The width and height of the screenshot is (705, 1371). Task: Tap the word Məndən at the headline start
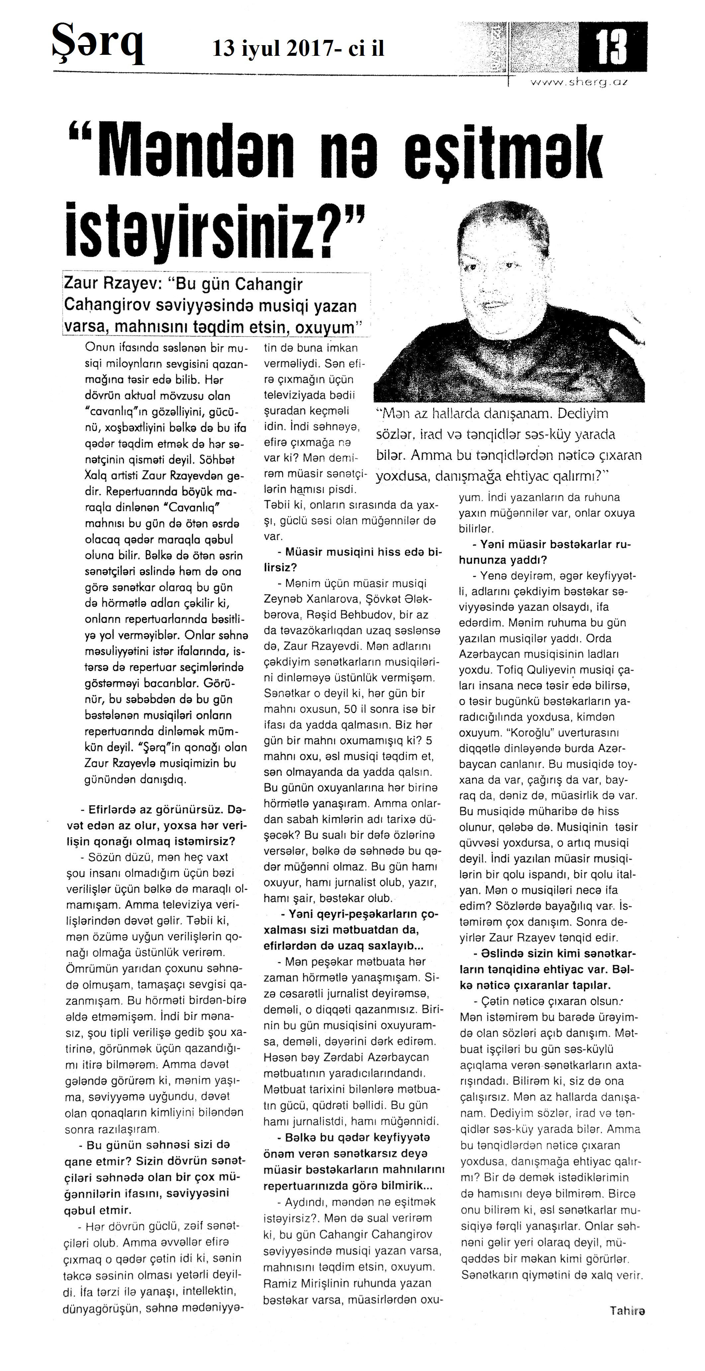[195, 152]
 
